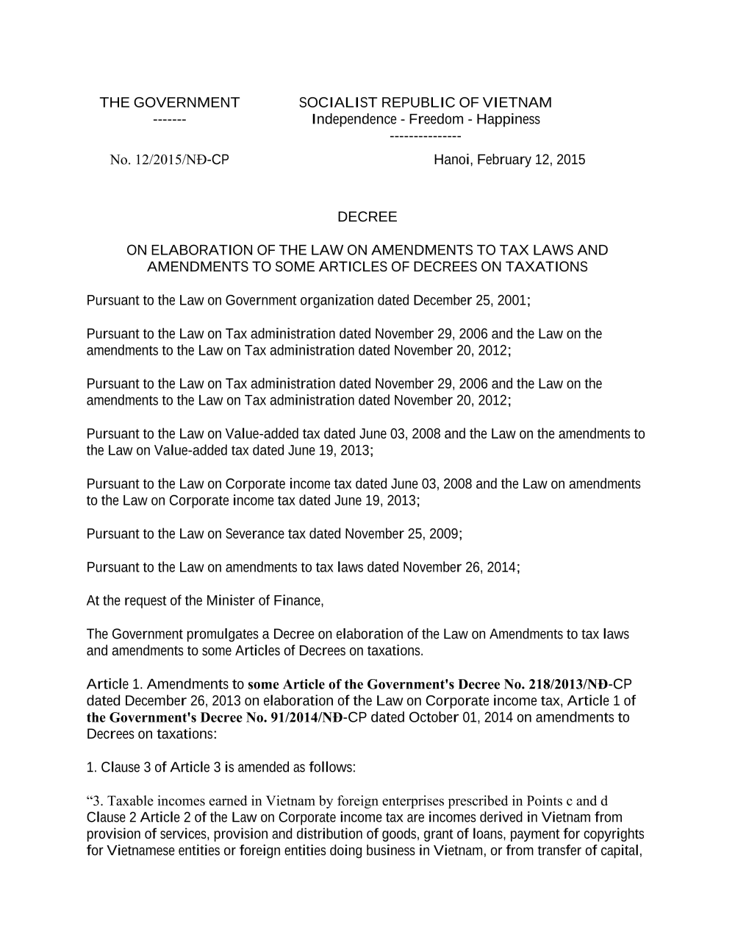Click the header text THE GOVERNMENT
click(x=169, y=102)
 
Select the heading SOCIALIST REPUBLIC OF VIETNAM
click(x=425, y=102)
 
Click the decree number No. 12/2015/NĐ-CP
click(x=169, y=160)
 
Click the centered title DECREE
click(x=367, y=217)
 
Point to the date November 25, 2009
click(x=403, y=533)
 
